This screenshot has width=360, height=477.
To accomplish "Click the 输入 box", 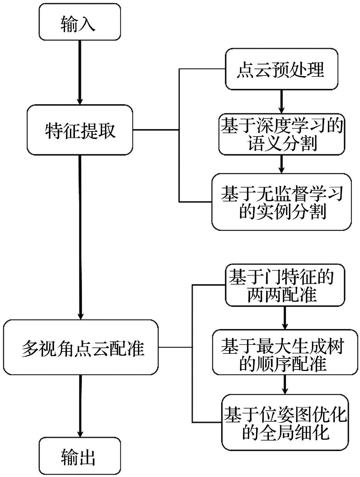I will point(80,22).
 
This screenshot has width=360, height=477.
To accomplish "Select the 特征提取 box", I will point(80,130).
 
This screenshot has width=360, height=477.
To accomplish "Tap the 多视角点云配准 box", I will point(81,347).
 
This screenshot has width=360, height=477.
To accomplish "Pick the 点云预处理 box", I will point(281,69).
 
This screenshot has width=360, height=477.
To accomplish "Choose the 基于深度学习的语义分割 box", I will point(281,134).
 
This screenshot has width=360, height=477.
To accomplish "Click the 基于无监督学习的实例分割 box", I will point(281,202).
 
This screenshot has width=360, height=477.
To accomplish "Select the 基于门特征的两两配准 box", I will point(285,285).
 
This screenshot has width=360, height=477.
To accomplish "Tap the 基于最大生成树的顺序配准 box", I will point(285,352).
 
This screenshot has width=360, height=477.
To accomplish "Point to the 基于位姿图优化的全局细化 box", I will point(285,422).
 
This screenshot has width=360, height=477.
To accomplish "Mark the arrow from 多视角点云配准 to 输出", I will point(80,406).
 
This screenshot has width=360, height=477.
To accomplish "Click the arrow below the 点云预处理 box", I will point(281,101).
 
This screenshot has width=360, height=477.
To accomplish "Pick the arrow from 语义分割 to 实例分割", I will point(281,164).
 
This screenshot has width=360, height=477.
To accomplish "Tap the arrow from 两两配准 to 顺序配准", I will point(285,318).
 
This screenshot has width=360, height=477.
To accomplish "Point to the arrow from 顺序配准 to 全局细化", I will point(285,384).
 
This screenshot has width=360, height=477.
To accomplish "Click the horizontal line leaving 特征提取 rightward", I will point(156,130).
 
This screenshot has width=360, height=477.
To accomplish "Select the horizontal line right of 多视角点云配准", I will point(175,347).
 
